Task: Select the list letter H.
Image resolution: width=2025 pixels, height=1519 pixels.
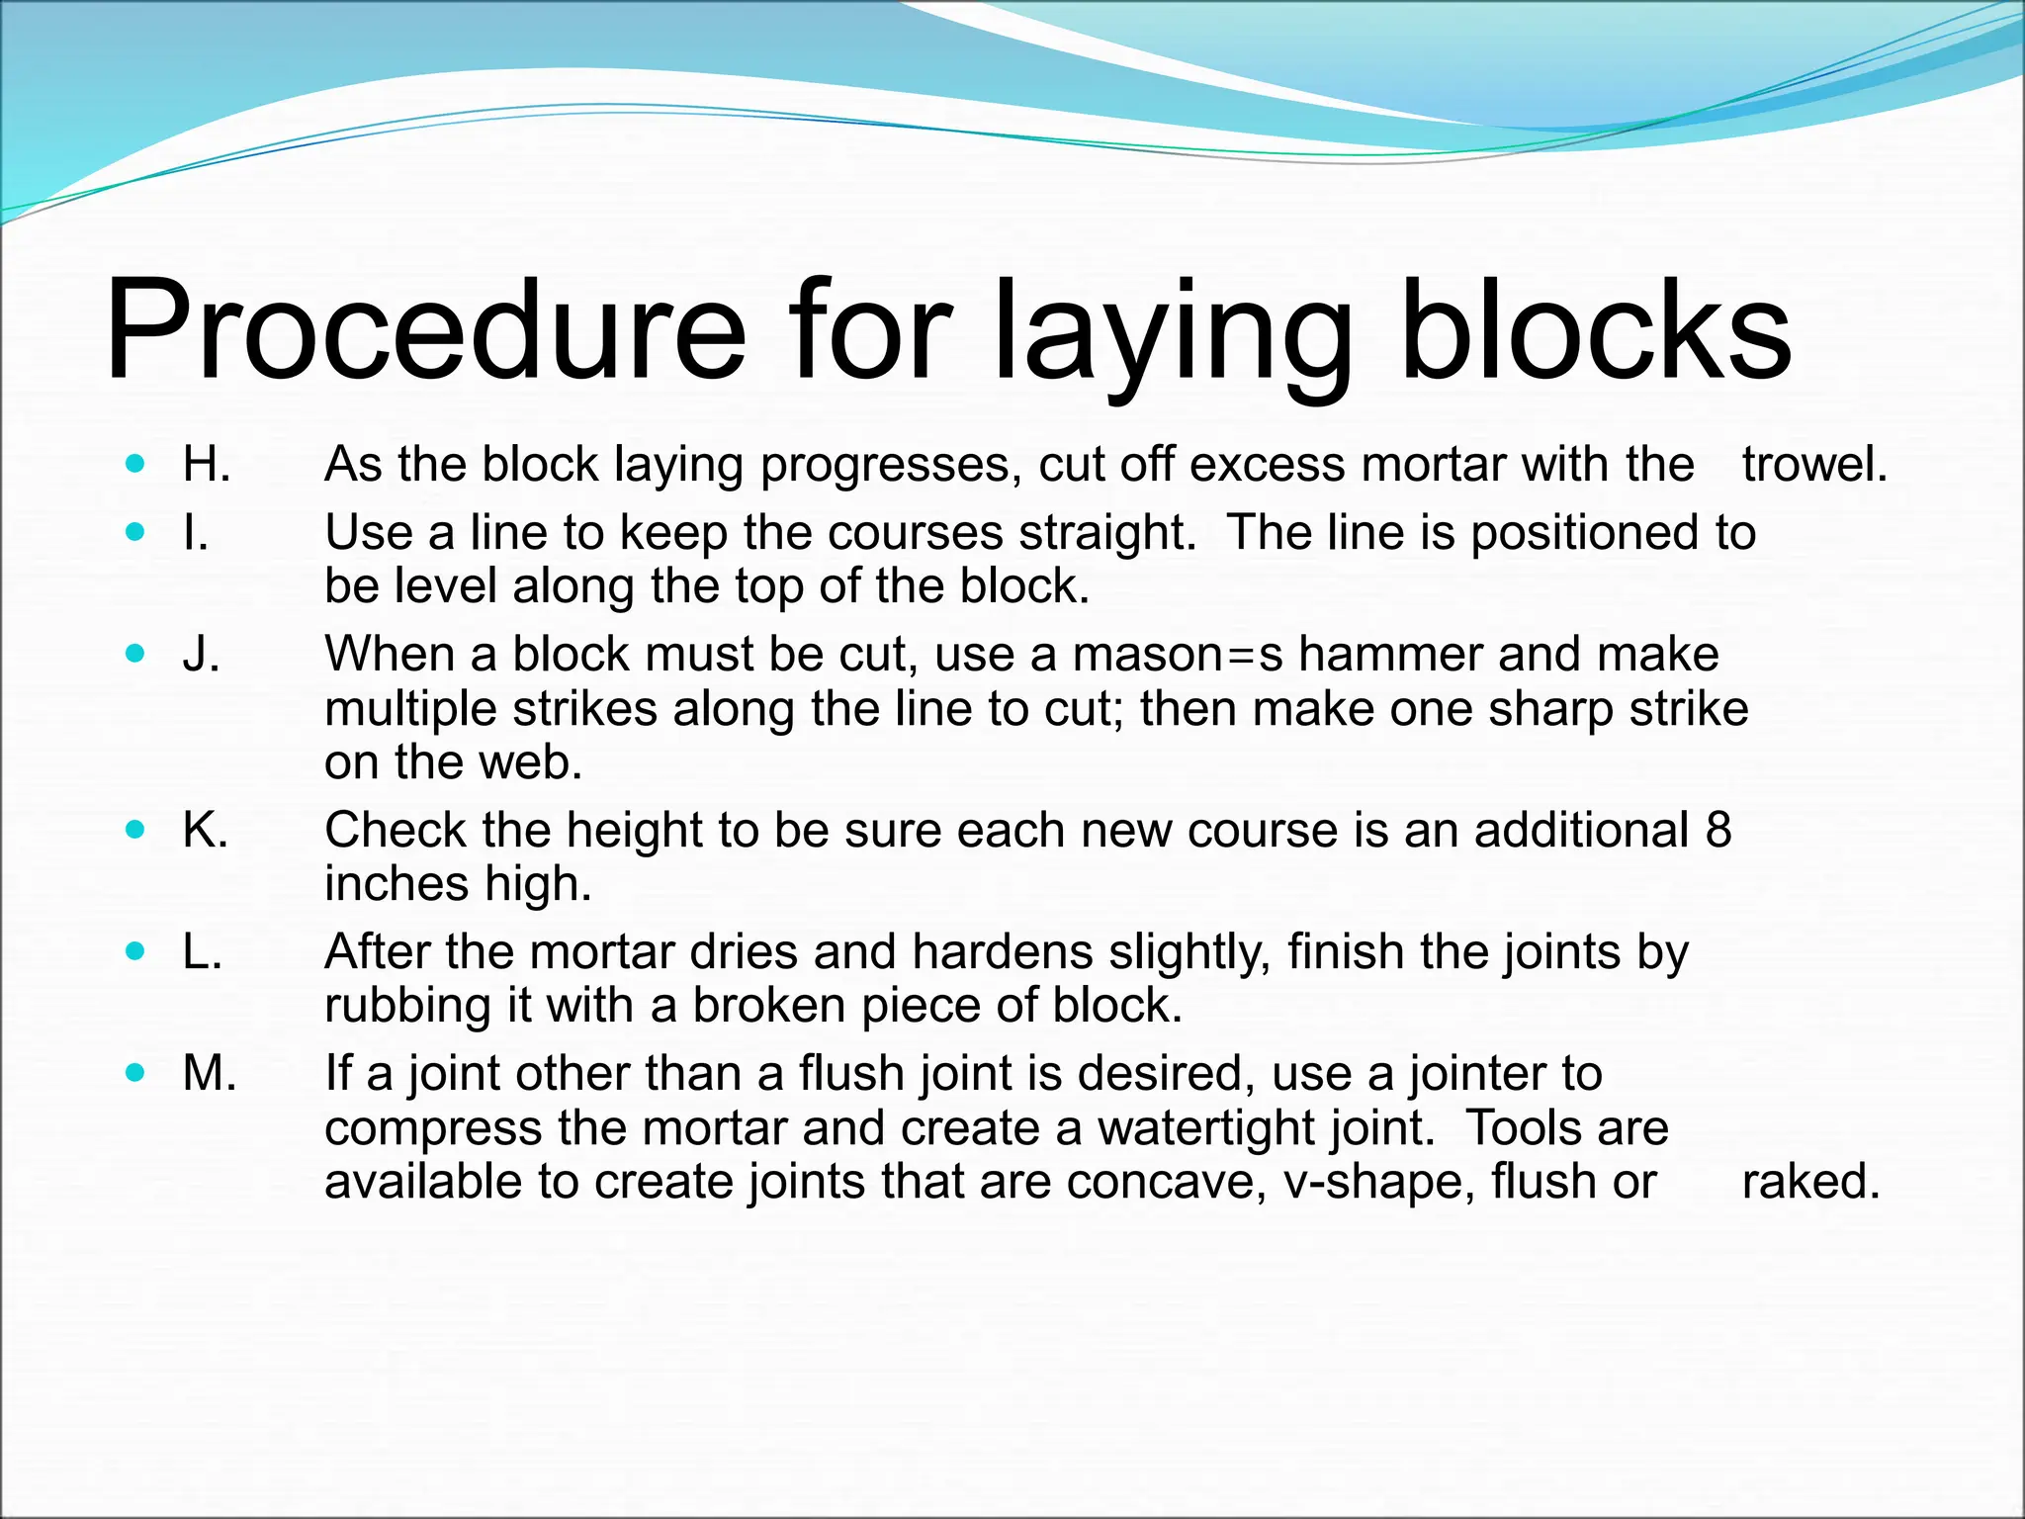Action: pos(207,464)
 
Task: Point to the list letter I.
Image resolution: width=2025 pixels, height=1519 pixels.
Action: pos(196,532)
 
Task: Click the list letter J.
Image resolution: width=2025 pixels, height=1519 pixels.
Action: pos(201,654)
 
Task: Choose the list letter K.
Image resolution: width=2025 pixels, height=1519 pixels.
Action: pos(206,829)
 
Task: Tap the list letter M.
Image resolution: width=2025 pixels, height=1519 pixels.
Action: pos(210,1073)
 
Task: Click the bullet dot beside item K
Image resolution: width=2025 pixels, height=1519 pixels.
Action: pos(136,829)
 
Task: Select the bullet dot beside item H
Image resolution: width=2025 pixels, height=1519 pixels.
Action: pos(136,463)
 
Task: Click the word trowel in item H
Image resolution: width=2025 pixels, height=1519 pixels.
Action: pos(1814,464)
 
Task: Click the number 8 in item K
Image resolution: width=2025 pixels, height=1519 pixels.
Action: pos(1718,829)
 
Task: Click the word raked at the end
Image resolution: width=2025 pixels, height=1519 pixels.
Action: pos(1810,1181)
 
